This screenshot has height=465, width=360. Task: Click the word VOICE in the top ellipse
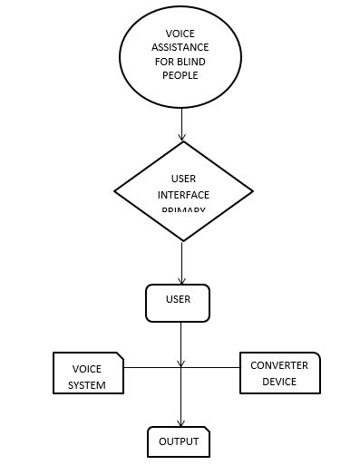coord(180,34)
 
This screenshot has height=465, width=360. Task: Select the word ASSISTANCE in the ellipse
coord(180,47)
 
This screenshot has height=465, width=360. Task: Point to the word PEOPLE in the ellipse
coord(180,75)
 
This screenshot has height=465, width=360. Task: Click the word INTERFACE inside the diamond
coord(183,195)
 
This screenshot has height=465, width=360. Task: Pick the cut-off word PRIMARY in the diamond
coord(183,210)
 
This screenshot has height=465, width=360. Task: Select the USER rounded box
coord(178,303)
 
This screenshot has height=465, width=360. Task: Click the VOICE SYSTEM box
coord(87,373)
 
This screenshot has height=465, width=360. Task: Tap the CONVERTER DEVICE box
coord(279,373)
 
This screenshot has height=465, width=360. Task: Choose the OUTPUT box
coord(179,441)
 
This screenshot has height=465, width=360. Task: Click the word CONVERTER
coord(279,365)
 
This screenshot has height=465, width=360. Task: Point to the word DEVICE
coord(279,382)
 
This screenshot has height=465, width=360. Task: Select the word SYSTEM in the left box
coord(87,385)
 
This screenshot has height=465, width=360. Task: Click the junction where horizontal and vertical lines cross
coord(181,367)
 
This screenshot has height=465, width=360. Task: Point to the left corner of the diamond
coord(116,191)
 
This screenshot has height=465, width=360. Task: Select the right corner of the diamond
coord(251,191)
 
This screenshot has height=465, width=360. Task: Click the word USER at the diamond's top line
coord(183,179)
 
